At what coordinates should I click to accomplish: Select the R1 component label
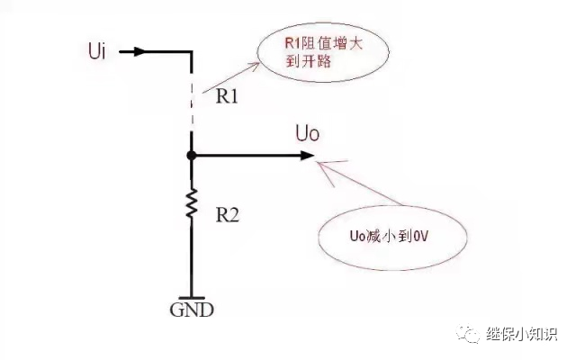pos(226,96)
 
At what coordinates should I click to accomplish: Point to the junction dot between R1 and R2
pos(192,156)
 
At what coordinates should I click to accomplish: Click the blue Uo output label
pos(309,135)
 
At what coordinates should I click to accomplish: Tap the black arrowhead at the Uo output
pos(307,156)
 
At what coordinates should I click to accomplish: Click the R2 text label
pos(226,217)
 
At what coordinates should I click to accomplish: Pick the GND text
pos(192,311)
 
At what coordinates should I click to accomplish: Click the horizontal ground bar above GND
pos(192,297)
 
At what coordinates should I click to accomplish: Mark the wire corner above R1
pos(192,51)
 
